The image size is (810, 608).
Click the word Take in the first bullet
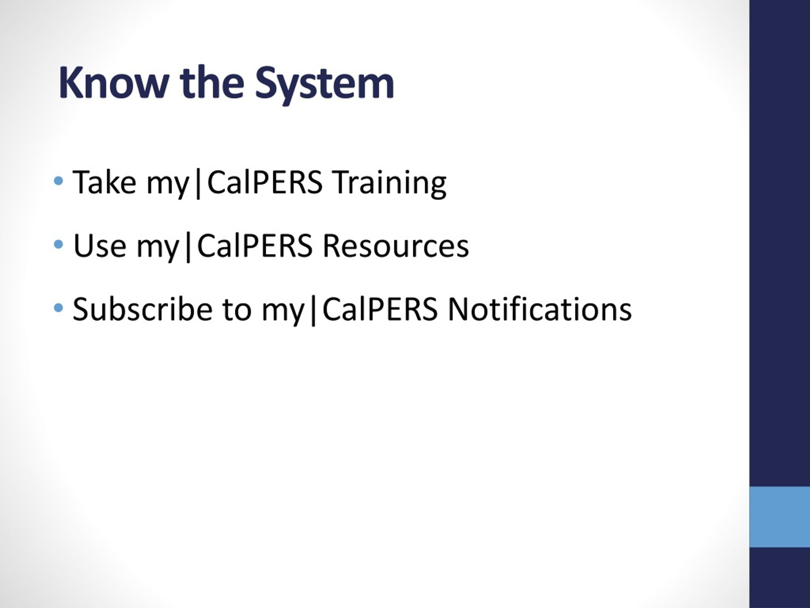tap(104, 182)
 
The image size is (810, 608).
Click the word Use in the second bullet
tap(100, 245)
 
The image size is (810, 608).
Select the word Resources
tap(396, 245)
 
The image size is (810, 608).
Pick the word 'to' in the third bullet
tap(237, 309)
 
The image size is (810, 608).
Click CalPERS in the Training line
tap(265, 182)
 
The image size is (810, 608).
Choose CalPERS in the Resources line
tap(254, 245)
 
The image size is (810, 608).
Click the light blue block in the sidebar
tap(779, 517)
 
